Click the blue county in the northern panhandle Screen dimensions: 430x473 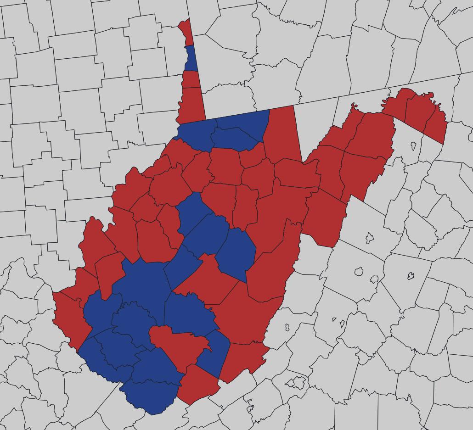(x=191, y=58)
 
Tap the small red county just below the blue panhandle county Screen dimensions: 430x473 (x=190, y=79)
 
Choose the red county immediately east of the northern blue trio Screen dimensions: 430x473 (x=281, y=133)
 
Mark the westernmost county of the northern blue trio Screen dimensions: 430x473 (x=195, y=133)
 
